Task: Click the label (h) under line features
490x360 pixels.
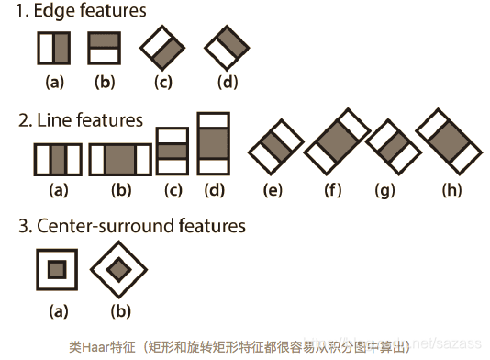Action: [451, 191]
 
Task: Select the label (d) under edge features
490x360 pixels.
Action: [227, 83]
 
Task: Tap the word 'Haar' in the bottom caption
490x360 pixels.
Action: [95, 347]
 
